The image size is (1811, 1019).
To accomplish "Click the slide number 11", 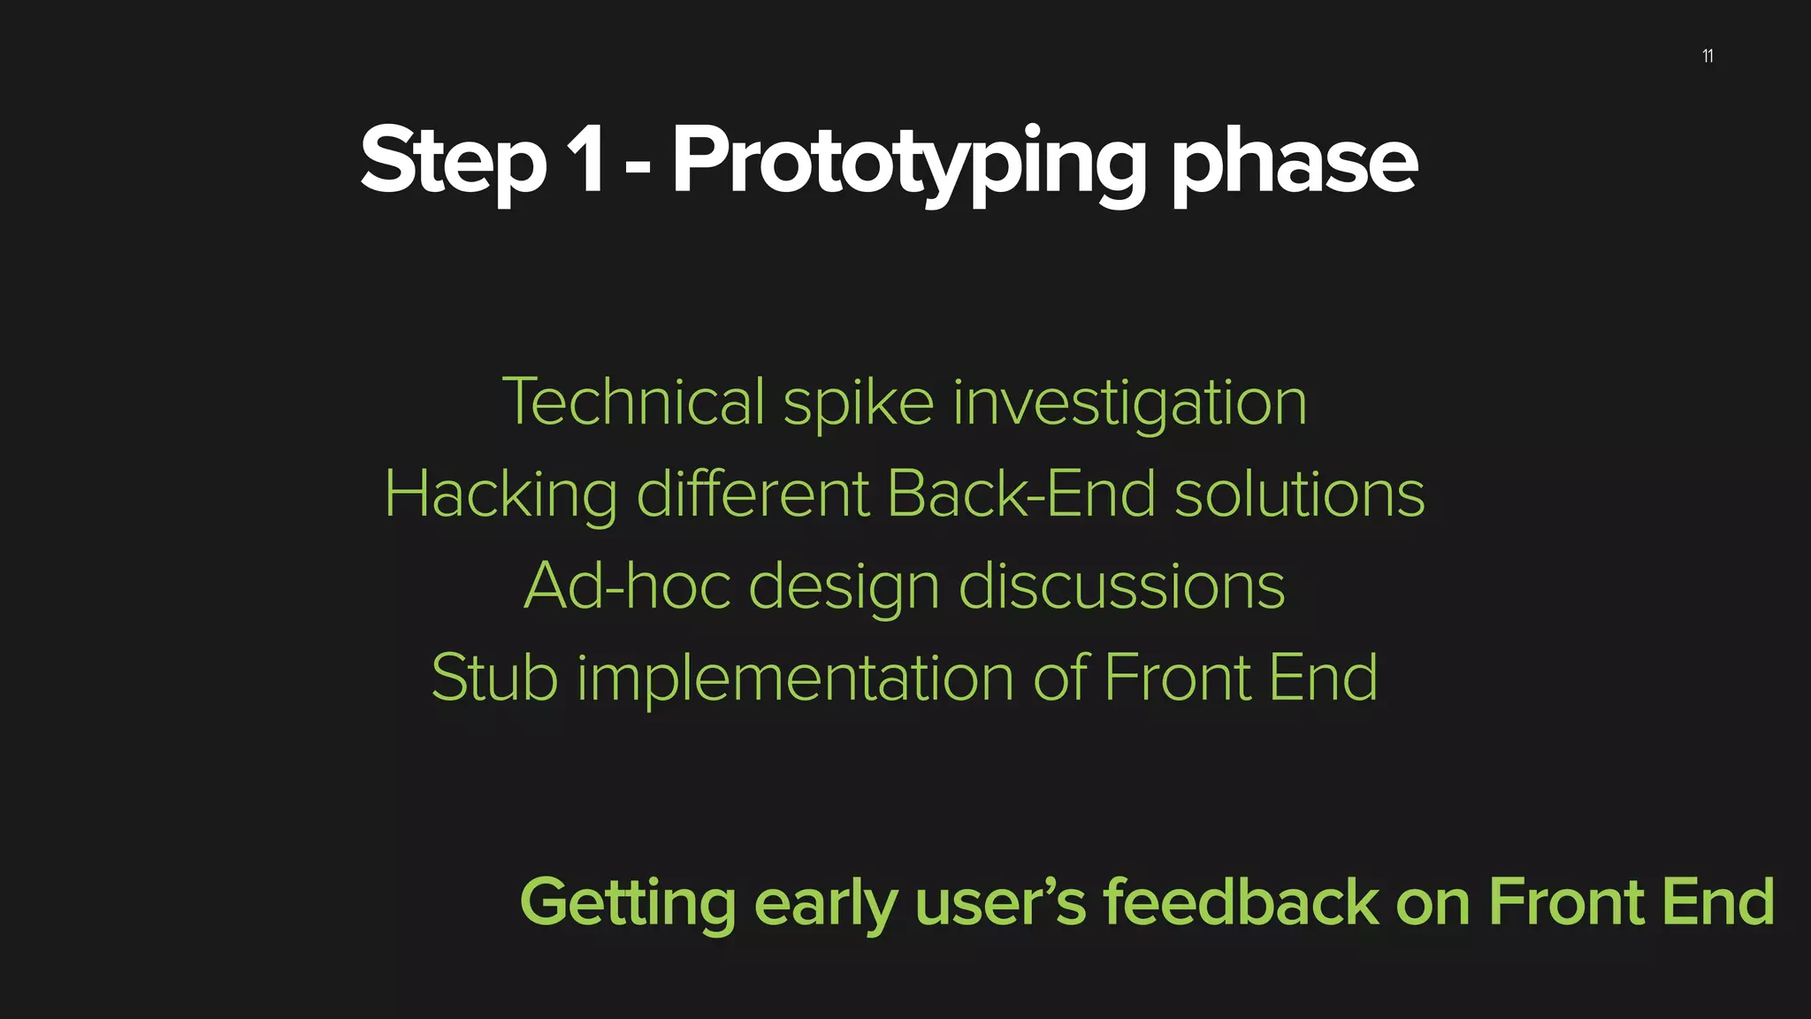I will coord(1708,57).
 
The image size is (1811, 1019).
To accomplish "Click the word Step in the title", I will coord(453,161).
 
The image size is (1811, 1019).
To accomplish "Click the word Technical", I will coord(633,402).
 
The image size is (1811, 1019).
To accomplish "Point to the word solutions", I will coord(1299,494).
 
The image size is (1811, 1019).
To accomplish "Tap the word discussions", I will coord(1121,586).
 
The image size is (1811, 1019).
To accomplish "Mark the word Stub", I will coord(494,678).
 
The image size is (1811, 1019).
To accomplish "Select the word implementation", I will coord(795,679).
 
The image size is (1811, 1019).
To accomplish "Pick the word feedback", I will coord(1240,902).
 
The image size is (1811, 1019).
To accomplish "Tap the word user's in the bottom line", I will coord(1000,902).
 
